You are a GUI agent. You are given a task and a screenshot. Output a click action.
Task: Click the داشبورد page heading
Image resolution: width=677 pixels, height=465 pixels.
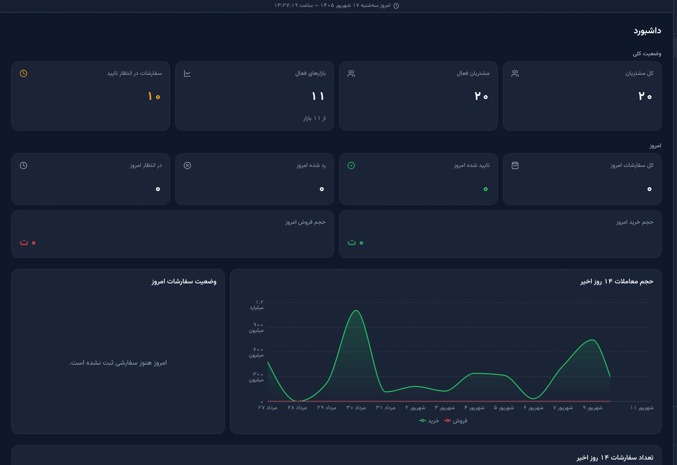click(647, 31)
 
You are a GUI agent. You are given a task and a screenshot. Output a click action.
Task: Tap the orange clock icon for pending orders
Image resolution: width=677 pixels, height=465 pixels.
click(23, 73)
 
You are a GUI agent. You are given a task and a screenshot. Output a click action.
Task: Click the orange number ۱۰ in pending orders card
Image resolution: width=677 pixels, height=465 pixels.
click(154, 96)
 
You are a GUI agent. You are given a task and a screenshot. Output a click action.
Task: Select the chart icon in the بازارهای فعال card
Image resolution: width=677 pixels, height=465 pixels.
click(187, 73)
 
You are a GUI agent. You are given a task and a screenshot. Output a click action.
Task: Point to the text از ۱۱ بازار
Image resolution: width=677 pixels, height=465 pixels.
click(314, 118)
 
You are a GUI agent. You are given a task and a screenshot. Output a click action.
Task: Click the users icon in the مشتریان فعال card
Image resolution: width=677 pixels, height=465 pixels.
click(351, 73)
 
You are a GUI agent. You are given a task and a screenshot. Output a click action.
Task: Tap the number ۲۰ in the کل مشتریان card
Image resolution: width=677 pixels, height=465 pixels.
click(645, 96)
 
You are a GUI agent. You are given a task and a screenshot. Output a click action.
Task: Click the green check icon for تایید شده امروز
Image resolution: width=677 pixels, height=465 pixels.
click(351, 165)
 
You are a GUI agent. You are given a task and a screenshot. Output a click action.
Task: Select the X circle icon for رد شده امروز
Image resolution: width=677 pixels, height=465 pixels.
click(187, 165)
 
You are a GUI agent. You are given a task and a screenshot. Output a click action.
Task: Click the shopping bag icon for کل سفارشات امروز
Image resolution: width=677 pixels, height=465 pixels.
click(515, 165)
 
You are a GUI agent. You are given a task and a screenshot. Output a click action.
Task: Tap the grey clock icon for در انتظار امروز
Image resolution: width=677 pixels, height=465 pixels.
click(23, 165)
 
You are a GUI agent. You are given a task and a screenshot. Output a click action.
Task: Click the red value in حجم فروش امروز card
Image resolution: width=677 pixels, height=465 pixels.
click(28, 242)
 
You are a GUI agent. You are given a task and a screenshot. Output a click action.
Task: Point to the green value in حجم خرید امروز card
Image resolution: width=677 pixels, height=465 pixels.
click(355, 242)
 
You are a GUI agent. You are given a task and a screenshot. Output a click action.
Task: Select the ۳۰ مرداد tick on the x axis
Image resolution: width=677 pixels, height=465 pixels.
click(356, 407)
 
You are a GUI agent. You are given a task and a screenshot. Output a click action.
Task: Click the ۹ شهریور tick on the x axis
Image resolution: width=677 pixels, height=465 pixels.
click(593, 407)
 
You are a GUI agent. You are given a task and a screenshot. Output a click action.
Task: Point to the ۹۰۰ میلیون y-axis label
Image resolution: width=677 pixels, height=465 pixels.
click(256, 327)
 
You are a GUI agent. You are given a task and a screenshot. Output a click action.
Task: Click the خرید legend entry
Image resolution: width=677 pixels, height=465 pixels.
click(429, 420)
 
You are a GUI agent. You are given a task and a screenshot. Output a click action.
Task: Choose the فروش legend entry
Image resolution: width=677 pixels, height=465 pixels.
click(456, 420)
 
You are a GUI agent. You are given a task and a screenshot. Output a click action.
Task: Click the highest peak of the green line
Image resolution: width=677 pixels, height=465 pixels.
click(356, 311)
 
